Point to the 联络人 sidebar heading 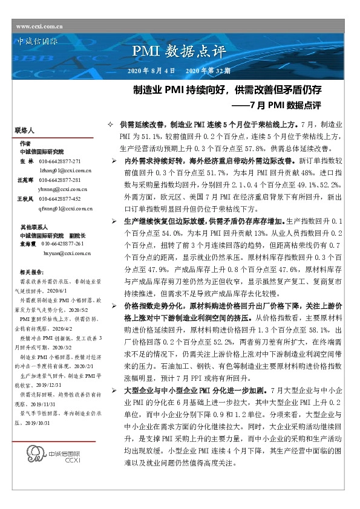[25, 131]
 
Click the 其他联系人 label [30, 225]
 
